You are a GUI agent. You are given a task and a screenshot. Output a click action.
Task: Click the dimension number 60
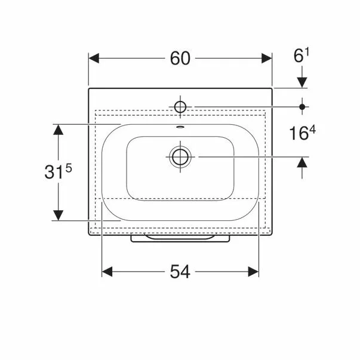(x=180, y=59)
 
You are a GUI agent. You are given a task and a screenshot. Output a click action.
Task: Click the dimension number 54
(x=180, y=272)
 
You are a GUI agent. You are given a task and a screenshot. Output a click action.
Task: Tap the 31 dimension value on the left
(x=54, y=172)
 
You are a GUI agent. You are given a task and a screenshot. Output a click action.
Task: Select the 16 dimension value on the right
(x=299, y=133)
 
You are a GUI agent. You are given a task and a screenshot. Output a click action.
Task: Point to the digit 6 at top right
(x=299, y=56)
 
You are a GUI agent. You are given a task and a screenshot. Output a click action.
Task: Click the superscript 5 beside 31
(x=69, y=168)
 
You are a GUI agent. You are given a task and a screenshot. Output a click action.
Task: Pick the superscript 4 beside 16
(x=312, y=130)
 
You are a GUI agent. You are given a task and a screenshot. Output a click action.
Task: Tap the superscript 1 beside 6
(x=307, y=53)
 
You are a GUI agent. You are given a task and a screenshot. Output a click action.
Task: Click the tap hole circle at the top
(x=180, y=107)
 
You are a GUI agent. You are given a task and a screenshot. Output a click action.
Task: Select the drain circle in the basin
(x=180, y=157)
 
